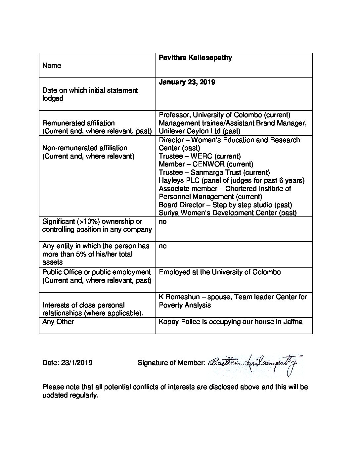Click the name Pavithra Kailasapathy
tap(195, 58)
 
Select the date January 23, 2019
tap(187, 82)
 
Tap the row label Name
tap(52, 66)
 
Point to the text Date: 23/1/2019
tap(67, 363)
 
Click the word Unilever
tap(172, 131)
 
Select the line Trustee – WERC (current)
tap(200, 156)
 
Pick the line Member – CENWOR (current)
tap(206, 164)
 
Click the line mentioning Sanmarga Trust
tap(214, 172)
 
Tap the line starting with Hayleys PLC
tap(231, 180)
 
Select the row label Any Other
tap(58, 322)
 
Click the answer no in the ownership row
tap(163, 221)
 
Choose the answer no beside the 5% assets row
tap(163, 246)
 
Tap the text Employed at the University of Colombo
tap(220, 272)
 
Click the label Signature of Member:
tap(171, 363)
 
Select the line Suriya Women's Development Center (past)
tap(228, 213)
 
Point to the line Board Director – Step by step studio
tap(225, 205)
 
